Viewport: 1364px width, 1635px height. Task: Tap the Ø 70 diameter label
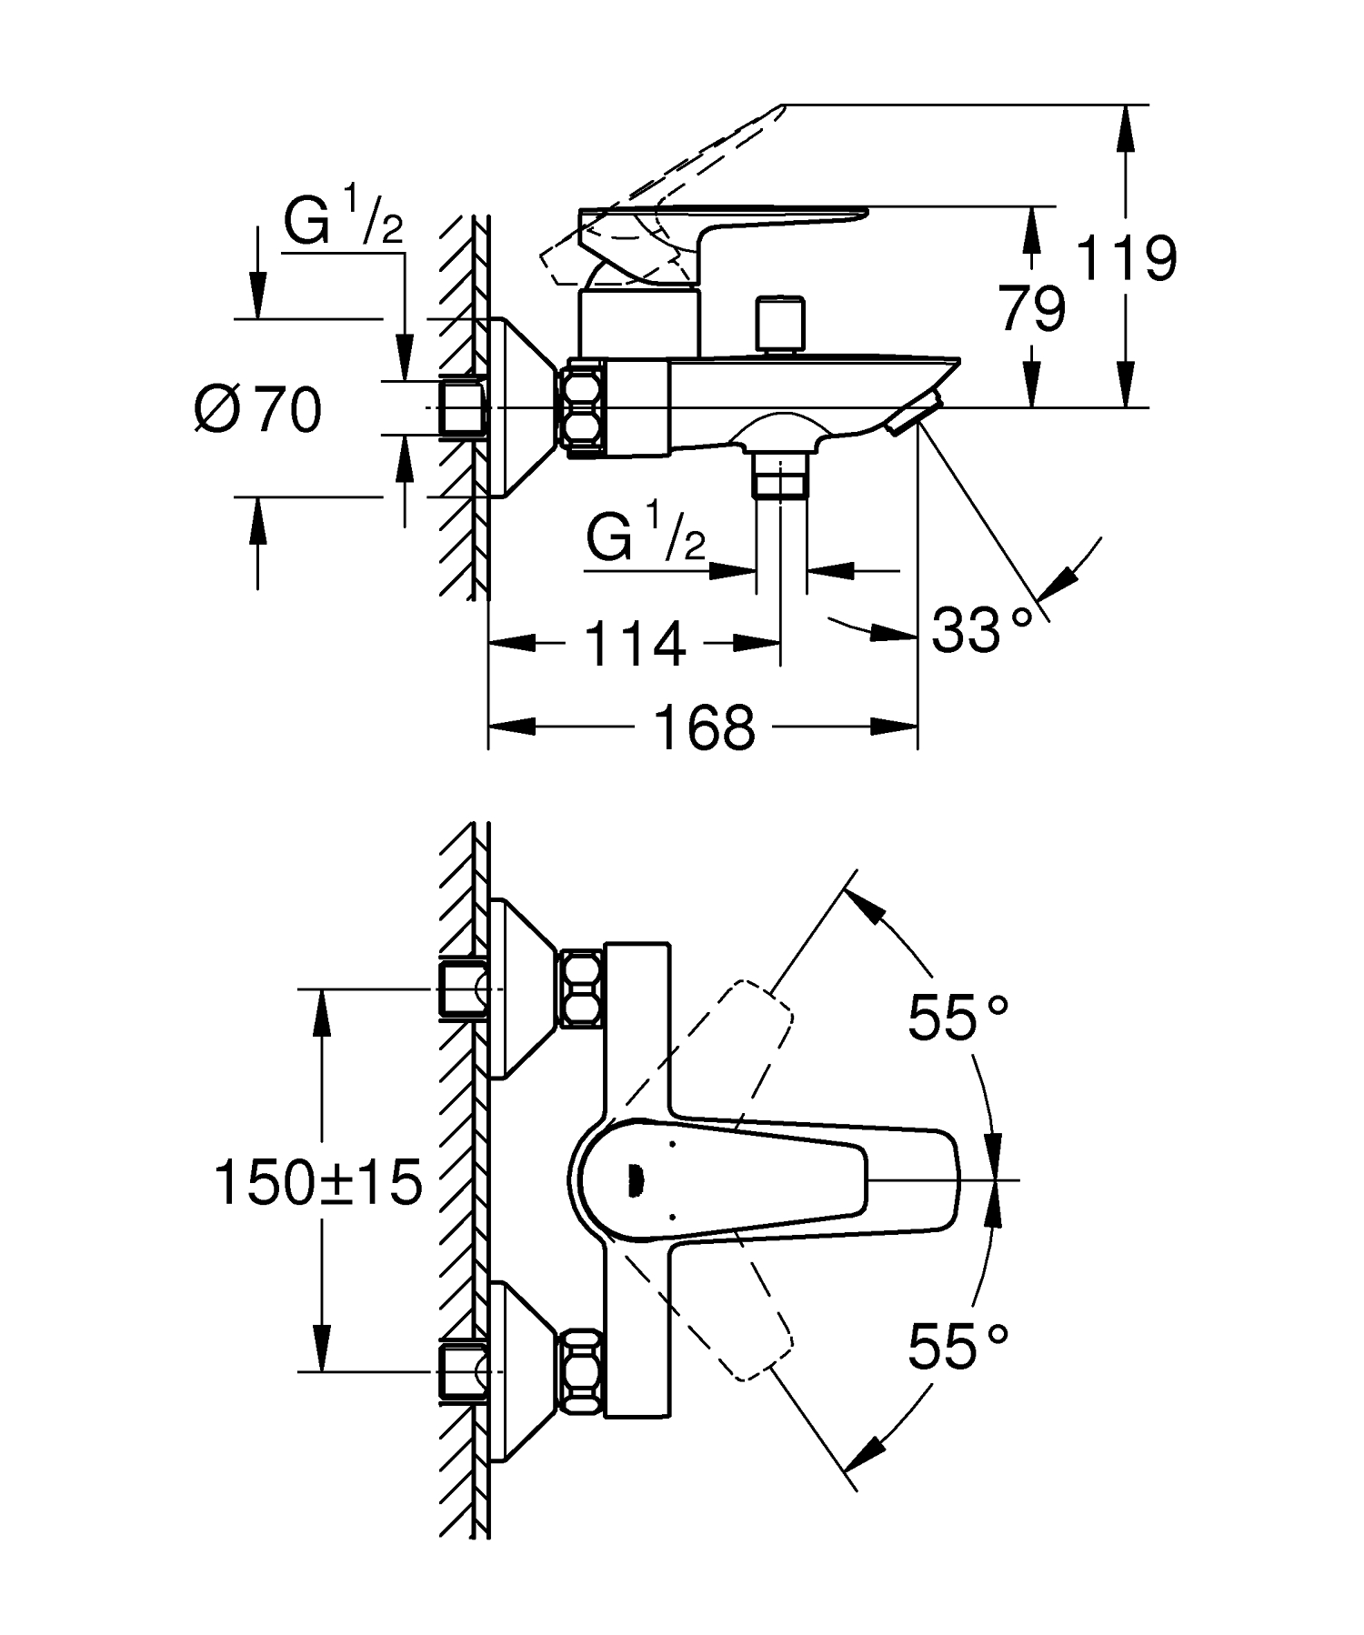tap(258, 409)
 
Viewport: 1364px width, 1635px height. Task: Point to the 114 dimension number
tap(633, 644)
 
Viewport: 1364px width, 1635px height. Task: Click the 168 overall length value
tap(705, 727)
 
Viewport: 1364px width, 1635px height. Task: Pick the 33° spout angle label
tap(982, 629)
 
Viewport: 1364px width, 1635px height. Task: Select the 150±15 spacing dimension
tap(318, 1183)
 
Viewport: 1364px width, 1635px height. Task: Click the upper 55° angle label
tap(958, 1018)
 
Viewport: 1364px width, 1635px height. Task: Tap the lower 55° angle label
tap(958, 1346)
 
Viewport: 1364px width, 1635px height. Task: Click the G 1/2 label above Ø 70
tap(343, 223)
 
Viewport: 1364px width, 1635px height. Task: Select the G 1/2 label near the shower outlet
tap(645, 538)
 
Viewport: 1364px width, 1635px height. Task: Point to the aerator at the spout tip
tap(915, 416)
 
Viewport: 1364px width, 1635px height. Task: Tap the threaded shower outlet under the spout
tap(780, 476)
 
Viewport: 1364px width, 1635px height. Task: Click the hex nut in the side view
tap(584, 406)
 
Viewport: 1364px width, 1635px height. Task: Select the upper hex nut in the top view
tap(582, 988)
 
